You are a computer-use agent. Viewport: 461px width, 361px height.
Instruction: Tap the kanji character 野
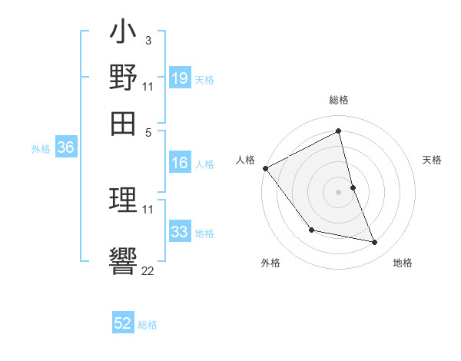123,79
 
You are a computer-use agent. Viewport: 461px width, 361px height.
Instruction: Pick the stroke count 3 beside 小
148,41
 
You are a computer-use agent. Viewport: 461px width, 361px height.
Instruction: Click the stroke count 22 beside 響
148,270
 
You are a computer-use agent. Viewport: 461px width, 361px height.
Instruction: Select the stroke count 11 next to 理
148,209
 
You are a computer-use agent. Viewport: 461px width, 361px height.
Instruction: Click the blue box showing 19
179,78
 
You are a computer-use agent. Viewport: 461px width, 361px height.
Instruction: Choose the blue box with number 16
179,163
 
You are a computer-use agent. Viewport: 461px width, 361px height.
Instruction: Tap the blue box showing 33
179,231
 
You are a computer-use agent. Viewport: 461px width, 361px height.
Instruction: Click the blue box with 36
65,148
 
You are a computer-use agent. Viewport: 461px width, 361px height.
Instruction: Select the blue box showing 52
123,323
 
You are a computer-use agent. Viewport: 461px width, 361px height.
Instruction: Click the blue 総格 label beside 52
148,325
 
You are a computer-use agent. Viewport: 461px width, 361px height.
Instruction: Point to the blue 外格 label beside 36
41,150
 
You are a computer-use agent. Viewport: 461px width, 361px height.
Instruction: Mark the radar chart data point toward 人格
265,168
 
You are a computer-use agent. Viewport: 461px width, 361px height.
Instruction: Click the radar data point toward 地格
375,243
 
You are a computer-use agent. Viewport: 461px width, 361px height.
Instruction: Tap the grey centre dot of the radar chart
338,191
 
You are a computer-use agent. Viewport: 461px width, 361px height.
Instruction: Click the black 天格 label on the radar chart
432,160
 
